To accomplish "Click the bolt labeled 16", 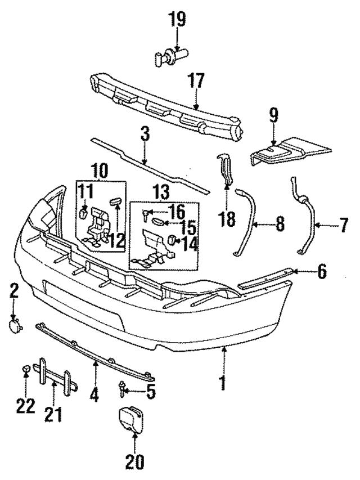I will [x=148, y=213].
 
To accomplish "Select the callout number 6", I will [x=322, y=272].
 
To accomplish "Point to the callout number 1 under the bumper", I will [x=224, y=384].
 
